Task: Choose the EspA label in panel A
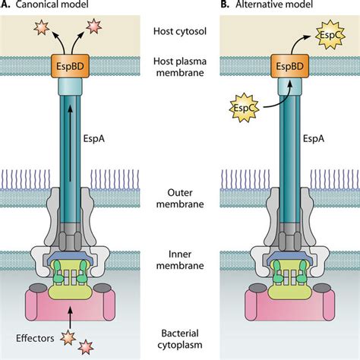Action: [x=114, y=140]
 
